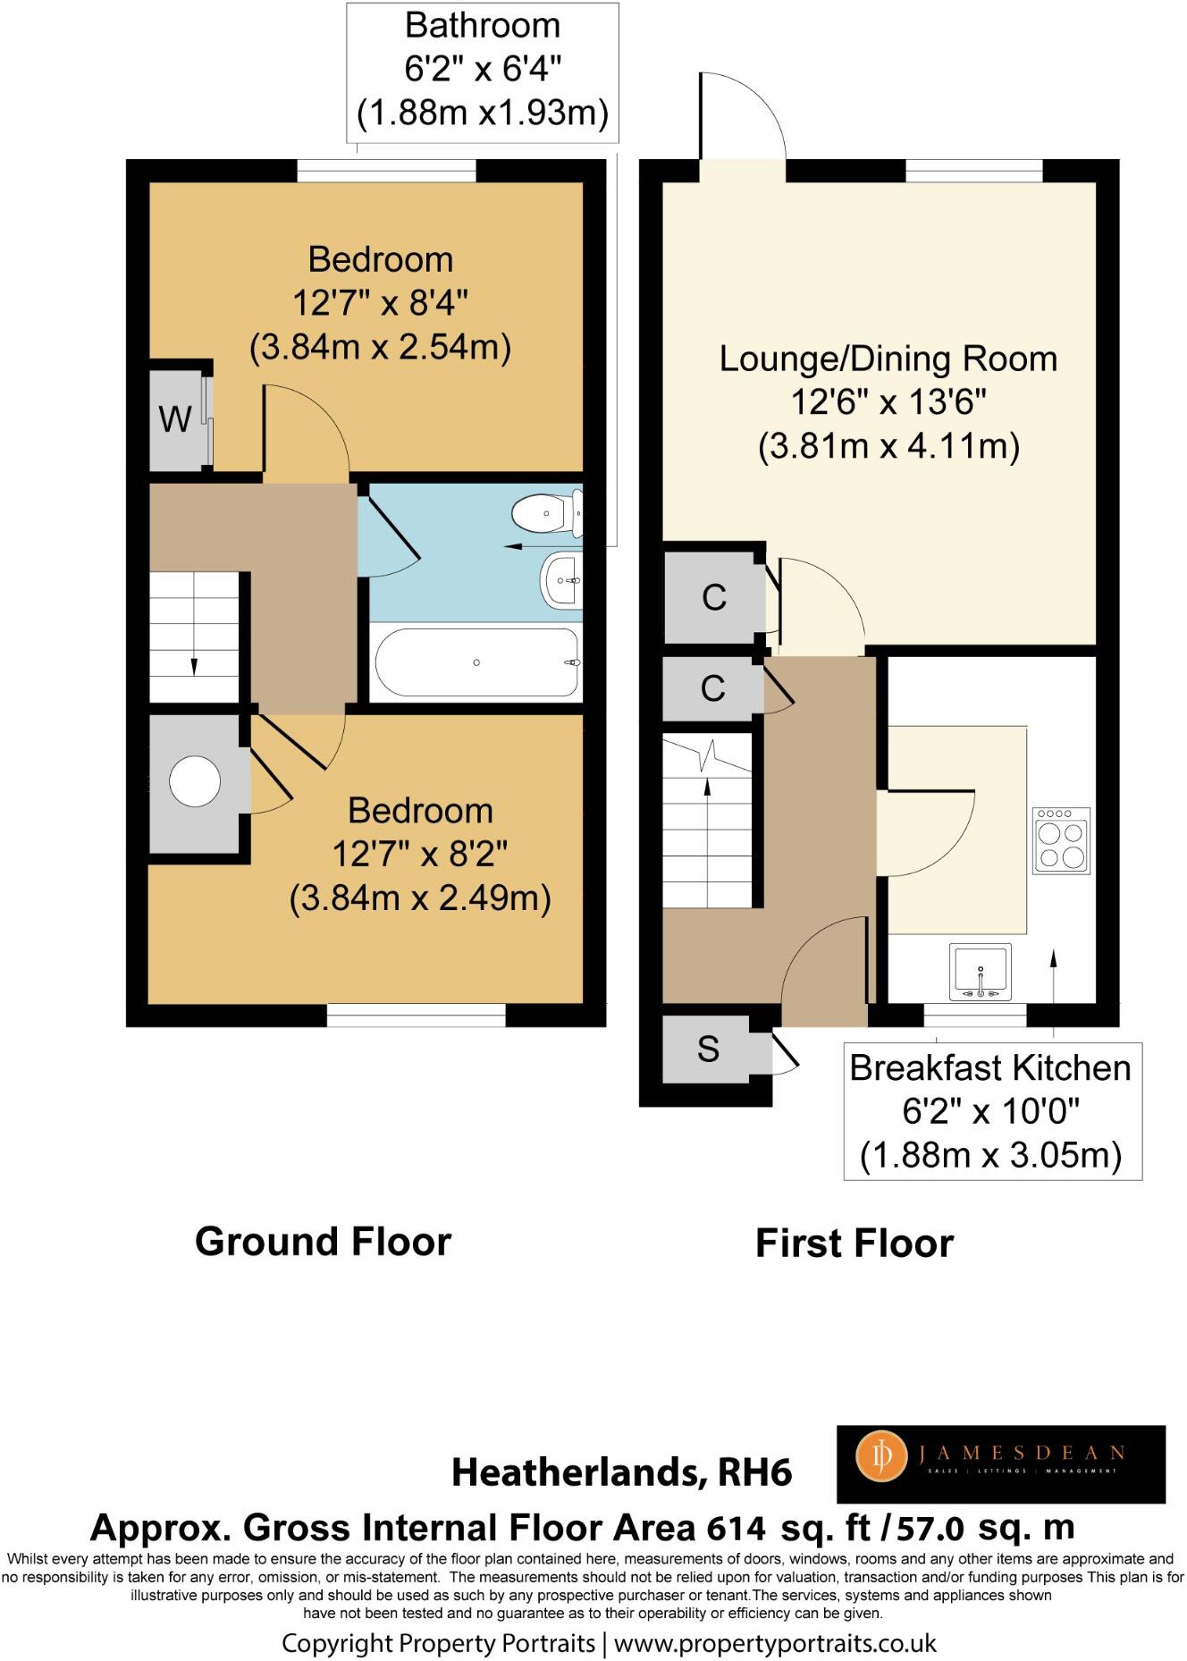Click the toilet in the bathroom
[x=543, y=514]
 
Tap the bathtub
[x=476, y=662]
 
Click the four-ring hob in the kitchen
[x=1062, y=840]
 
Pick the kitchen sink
[x=981, y=973]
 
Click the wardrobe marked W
[x=176, y=418]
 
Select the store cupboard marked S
[x=708, y=1049]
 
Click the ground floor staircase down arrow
[x=194, y=666]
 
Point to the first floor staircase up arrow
[x=708, y=787]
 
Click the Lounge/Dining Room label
[x=888, y=358]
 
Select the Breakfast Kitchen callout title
[x=989, y=1068]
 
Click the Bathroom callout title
[x=483, y=25]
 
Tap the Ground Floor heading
[x=323, y=1242]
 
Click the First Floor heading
[x=854, y=1244]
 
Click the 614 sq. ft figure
[x=787, y=1529]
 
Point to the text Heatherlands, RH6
[x=622, y=1472]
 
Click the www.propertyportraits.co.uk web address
[x=775, y=1642]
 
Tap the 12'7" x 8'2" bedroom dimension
[x=420, y=855]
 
